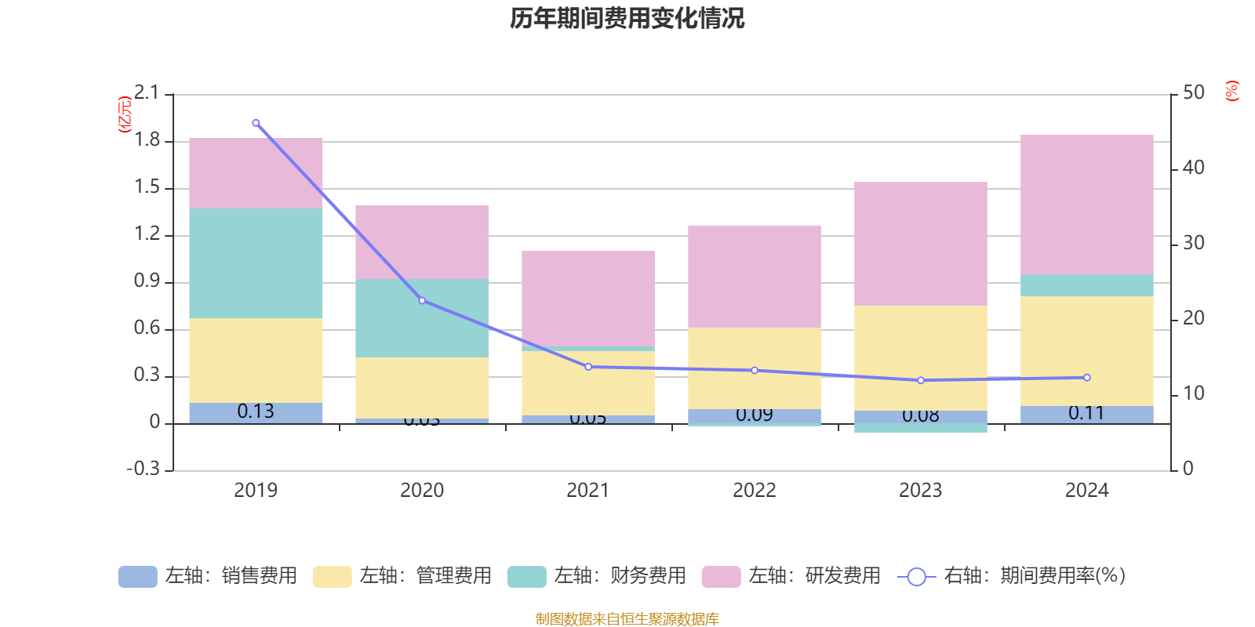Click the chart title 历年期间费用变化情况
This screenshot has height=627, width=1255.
coord(627,18)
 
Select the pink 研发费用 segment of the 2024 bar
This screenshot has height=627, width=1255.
coord(1086,204)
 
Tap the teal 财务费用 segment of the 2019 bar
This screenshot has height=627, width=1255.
coord(256,263)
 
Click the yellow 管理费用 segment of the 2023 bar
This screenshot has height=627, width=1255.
coord(920,357)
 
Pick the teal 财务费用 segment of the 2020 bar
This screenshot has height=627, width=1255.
coord(422,317)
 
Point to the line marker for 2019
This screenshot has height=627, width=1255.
coord(256,123)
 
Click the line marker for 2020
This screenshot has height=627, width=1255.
coord(422,300)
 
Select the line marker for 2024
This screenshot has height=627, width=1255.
coord(1086,378)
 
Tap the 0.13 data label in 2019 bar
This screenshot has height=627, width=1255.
coord(256,411)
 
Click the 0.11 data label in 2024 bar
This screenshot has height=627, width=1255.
coord(1086,413)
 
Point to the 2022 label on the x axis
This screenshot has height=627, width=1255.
coord(754,491)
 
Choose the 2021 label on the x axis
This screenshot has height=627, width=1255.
coord(587,491)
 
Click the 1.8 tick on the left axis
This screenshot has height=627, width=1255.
coord(147,140)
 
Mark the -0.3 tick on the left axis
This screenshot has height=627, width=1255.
coord(143,469)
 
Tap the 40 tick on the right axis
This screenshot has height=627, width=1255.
coord(1193,168)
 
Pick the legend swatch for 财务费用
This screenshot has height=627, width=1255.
coord(526,577)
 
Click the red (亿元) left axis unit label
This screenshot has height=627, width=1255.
coord(124,114)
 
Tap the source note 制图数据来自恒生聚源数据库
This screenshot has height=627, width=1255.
coord(627,619)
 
